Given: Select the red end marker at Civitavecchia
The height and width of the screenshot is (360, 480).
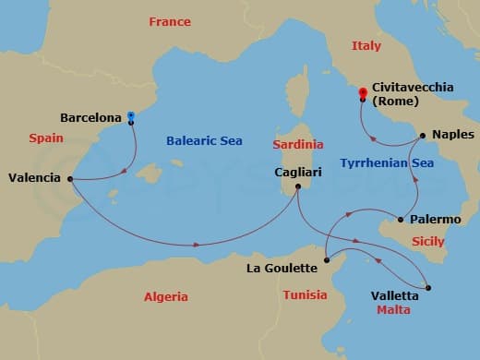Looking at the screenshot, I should click(363, 92).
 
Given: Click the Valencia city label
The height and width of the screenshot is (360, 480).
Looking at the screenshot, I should click(34, 177).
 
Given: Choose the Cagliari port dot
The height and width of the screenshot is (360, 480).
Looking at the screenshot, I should click(298, 187).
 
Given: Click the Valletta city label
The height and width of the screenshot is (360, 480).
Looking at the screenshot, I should click(393, 295).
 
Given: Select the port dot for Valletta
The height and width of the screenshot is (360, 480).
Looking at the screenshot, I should click(428, 287).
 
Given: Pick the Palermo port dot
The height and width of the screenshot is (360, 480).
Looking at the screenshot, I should click(400, 220).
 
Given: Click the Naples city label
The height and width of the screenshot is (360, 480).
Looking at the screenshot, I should click(452, 135).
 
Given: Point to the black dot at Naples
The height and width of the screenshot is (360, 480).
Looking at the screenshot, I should click(422, 136).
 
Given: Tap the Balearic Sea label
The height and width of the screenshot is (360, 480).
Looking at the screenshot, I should click(204, 141).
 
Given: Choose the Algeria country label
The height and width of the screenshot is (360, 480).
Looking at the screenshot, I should click(166, 296).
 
